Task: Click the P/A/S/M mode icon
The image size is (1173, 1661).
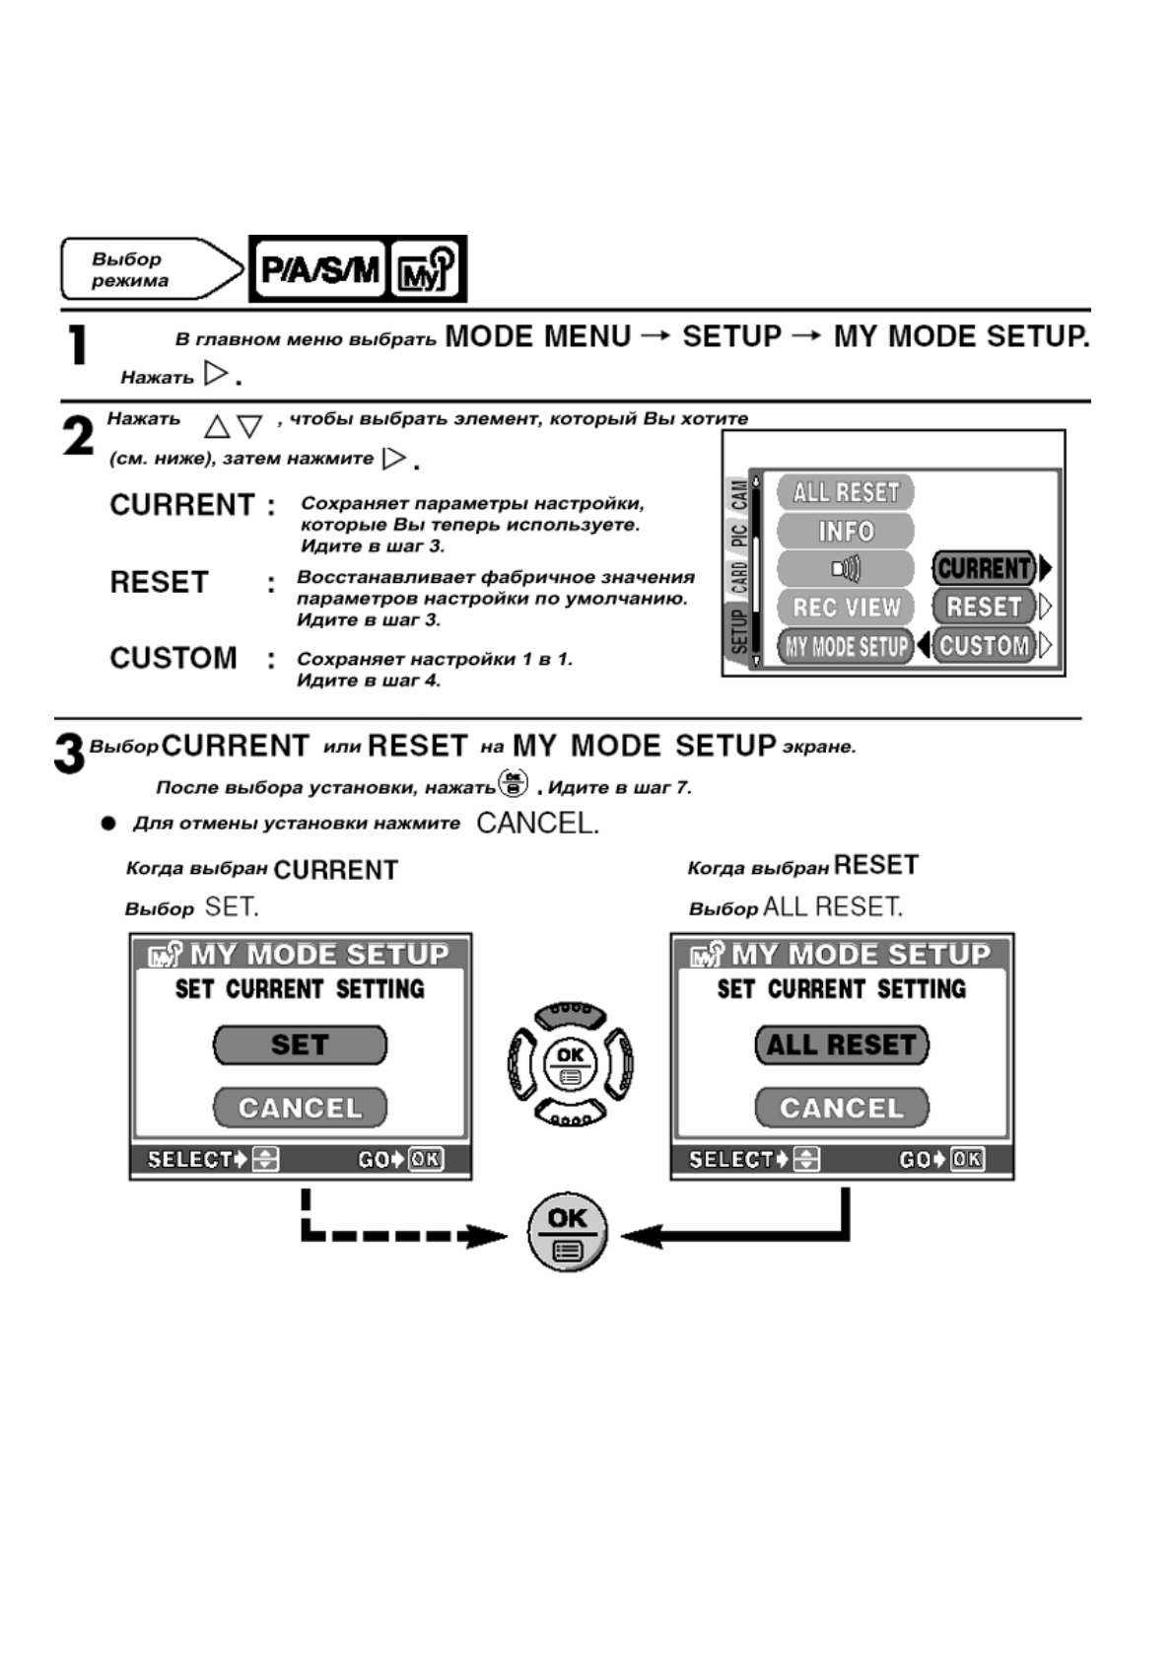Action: [x=318, y=268]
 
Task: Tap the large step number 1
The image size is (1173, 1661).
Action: [x=77, y=346]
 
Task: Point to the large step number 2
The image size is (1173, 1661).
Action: [x=78, y=436]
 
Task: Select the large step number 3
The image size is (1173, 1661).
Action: [x=69, y=755]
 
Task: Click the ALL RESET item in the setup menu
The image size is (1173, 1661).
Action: [x=846, y=492]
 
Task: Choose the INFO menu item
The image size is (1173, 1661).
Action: [x=846, y=531]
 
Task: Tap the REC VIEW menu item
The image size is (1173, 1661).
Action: [x=846, y=608]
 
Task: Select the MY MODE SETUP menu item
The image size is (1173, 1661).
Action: [x=846, y=647]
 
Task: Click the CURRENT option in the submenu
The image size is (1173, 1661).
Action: [x=984, y=568]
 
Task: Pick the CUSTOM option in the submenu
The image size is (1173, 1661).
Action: [x=984, y=646]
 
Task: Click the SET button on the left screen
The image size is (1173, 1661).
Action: [x=300, y=1046]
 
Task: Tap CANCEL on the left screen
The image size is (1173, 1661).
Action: [x=300, y=1108]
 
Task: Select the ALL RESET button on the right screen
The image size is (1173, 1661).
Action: [x=842, y=1046]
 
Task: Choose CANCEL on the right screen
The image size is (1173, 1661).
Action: [x=842, y=1108]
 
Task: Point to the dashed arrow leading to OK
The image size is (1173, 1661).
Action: [x=394, y=1233]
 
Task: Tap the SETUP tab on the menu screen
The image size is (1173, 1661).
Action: [x=738, y=631]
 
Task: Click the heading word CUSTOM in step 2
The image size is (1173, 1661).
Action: [x=173, y=658]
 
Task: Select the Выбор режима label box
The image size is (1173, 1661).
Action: [x=148, y=268]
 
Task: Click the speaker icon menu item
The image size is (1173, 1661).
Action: [x=846, y=569]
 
